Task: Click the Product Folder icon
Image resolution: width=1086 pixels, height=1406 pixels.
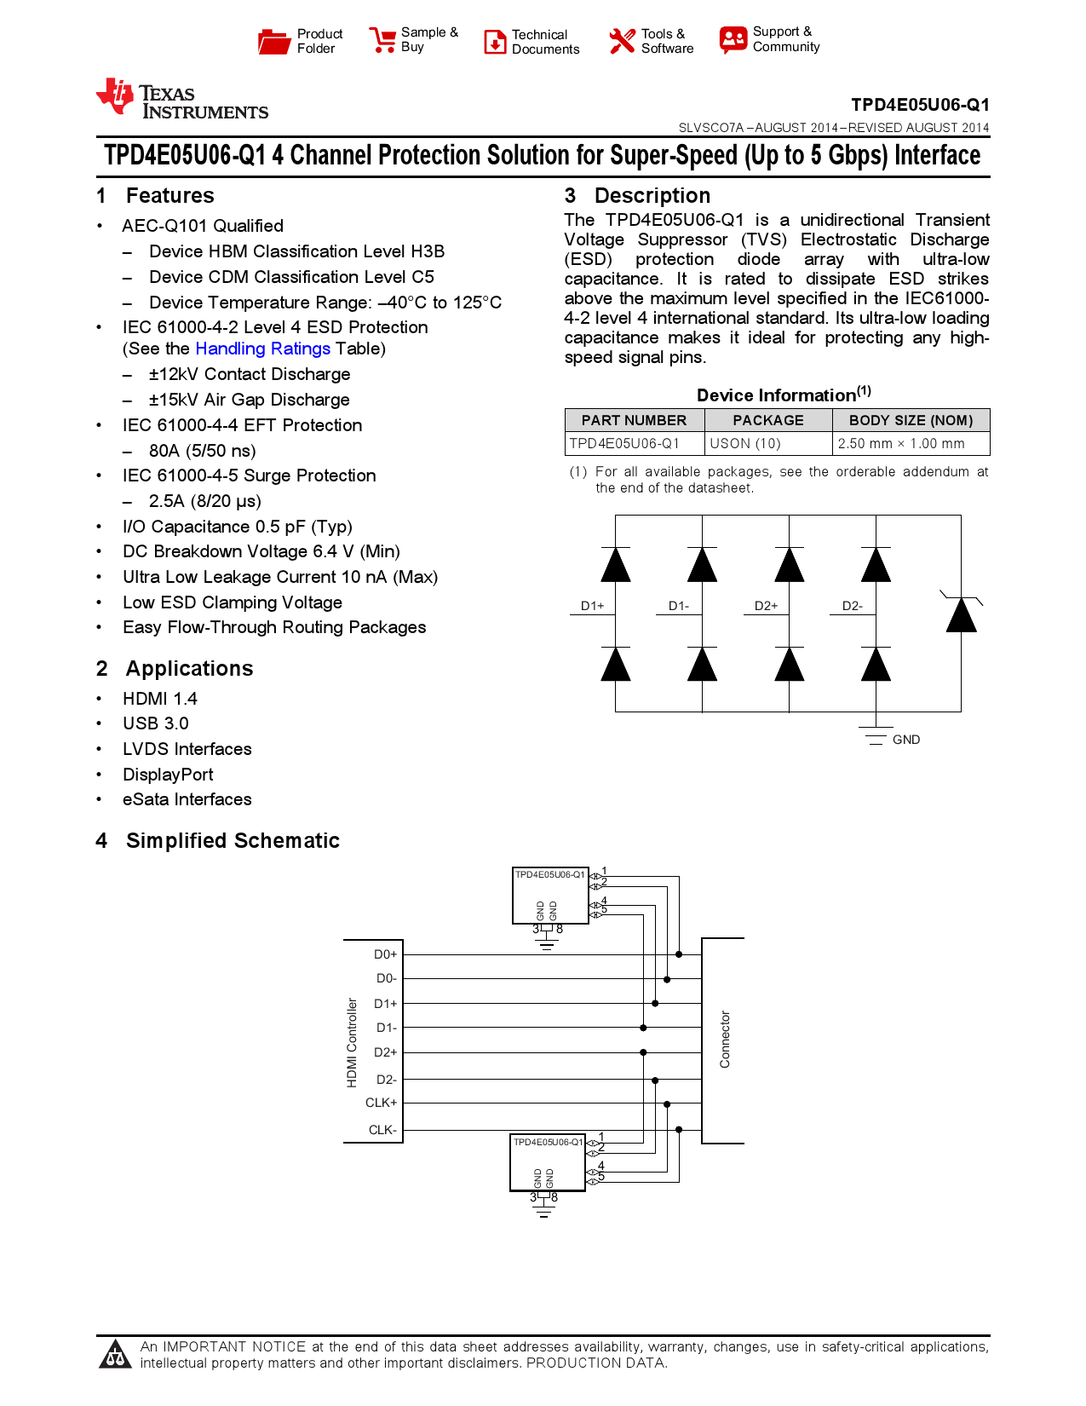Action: (274, 41)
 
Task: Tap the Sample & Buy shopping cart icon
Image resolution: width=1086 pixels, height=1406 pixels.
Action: (382, 40)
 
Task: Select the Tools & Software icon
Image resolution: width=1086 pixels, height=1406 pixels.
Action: (622, 41)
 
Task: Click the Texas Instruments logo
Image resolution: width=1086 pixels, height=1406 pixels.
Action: (182, 99)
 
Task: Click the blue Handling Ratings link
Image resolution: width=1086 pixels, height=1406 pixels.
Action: (262, 349)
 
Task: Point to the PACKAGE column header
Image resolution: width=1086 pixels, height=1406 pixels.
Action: (767, 420)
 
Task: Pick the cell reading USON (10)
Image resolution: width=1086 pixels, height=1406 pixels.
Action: (745, 443)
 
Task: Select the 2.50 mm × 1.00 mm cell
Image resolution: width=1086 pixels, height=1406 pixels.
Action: (901, 443)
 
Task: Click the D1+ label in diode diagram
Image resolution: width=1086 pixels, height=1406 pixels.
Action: (592, 606)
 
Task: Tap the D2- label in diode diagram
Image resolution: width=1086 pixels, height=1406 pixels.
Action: (852, 606)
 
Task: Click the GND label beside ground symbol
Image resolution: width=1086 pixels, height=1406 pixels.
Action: (905, 740)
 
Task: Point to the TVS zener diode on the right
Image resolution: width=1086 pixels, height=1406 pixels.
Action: (961, 614)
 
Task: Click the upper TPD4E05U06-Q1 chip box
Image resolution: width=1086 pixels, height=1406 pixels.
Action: (550, 896)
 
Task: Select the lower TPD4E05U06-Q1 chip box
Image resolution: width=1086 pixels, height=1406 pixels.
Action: (548, 1163)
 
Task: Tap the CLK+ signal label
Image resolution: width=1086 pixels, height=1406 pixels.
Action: (381, 1103)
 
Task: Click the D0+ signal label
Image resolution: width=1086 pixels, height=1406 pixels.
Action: (385, 954)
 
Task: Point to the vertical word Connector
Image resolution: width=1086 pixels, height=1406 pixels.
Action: (725, 1040)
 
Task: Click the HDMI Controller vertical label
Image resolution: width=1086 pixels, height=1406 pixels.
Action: (352, 1042)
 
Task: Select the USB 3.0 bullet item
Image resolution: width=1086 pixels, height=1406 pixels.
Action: (155, 723)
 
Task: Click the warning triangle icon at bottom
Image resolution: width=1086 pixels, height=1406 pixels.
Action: (115, 1355)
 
